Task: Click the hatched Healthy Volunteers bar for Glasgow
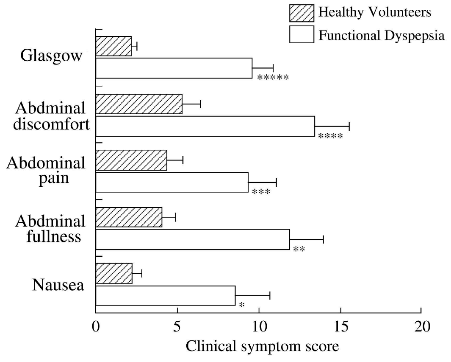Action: [113, 46]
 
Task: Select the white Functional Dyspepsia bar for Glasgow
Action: [174, 68]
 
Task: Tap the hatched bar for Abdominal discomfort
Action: [139, 104]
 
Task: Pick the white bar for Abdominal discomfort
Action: [205, 126]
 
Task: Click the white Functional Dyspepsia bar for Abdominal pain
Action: [172, 182]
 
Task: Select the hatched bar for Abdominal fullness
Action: [129, 217]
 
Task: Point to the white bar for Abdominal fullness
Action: [193, 239]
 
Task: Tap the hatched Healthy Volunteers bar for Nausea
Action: [114, 274]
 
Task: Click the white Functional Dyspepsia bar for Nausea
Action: [165, 295]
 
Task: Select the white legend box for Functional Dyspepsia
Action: [302, 34]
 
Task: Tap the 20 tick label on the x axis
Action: [421, 327]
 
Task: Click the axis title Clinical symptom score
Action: [263, 347]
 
